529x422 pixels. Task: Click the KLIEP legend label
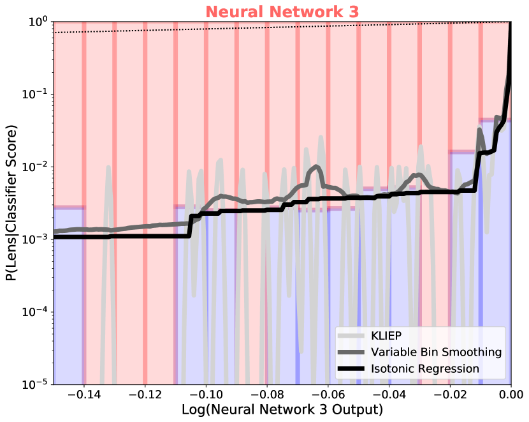pos(386,336)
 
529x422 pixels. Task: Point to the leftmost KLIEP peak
pos(108,167)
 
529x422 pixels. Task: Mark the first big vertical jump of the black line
pos(190,227)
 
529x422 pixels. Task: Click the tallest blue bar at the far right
pos(495,255)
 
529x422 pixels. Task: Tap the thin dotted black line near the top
pos(255,27)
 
